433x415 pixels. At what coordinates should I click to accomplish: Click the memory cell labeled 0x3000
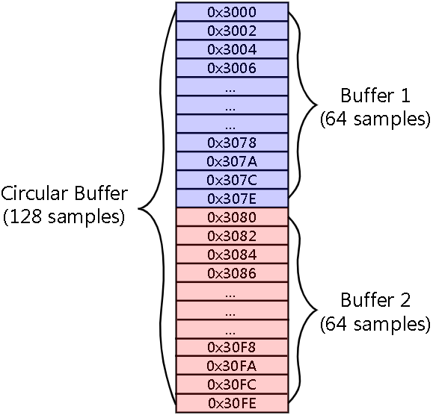pyautogui.click(x=232, y=12)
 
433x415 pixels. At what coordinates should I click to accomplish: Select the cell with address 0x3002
pyautogui.click(x=232, y=31)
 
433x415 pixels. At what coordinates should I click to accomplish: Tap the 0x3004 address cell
pyautogui.click(x=232, y=49)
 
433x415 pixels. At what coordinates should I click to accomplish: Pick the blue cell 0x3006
pyautogui.click(x=232, y=68)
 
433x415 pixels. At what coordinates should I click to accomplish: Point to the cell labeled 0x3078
pyautogui.click(x=232, y=143)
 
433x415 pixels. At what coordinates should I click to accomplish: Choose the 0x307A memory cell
pyautogui.click(x=232, y=161)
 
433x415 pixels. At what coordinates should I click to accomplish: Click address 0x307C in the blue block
pyautogui.click(x=232, y=180)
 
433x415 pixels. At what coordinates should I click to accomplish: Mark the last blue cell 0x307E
pyautogui.click(x=232, y=199)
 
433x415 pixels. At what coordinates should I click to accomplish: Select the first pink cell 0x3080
pyautogui.click(x=232, y=217)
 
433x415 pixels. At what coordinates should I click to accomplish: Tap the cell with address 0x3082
pyautogui.click(x=232, y=236)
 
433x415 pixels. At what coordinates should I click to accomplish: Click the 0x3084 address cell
pyautogui.click(x=232, y=255)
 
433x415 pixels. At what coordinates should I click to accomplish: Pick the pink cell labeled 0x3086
pyautogui.click(x=232, y=273)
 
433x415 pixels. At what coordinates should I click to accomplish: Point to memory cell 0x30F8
pyautogui.click(x=232, y=347)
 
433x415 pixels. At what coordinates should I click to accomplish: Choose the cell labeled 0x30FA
pyautogui.click(x=232, y=366)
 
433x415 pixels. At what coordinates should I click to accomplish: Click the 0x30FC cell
pyautogui.click(x=232, y=384)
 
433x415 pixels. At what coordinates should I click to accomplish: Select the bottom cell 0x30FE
pyautogui.click(x=232, y=403)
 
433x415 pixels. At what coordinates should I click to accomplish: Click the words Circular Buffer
pyautogui.click(x=64, y=193)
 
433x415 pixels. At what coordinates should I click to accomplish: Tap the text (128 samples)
pyautogui.click(x=64, y=217)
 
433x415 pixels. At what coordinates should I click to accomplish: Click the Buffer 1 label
pyautogui.click(x=375, y=96)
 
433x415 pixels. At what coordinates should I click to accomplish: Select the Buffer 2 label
pyautogui.click(x=375, y=300)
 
